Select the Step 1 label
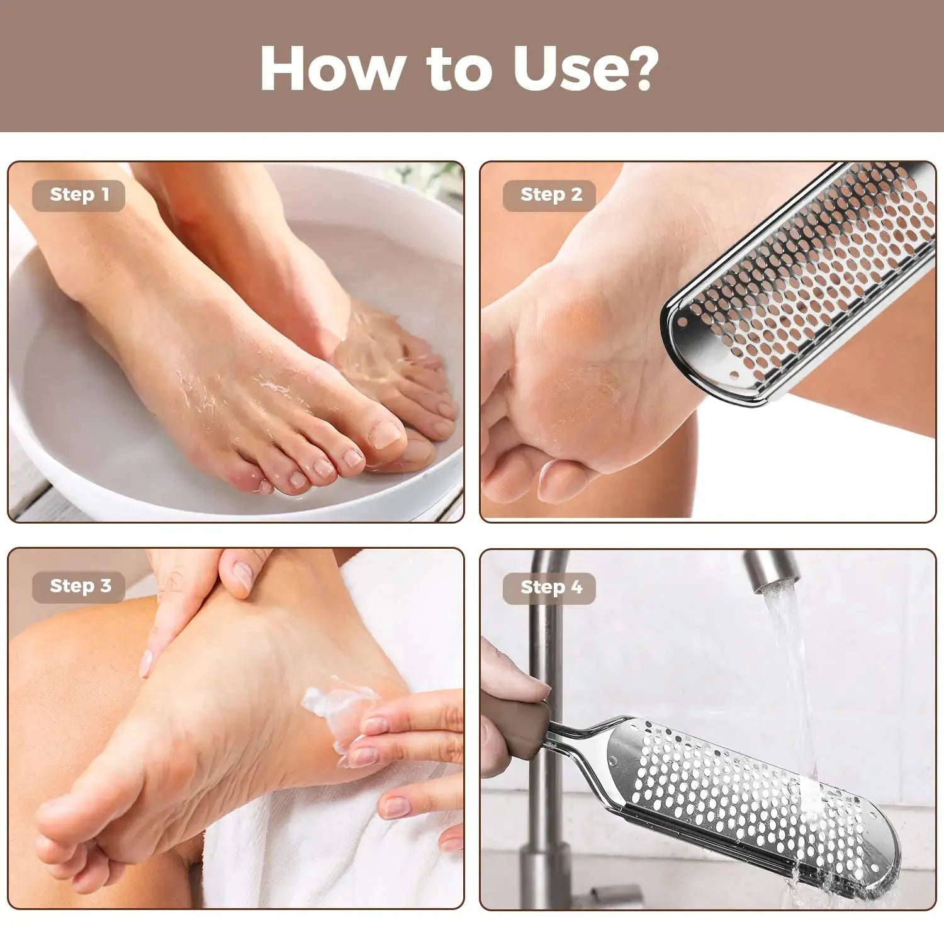tap(79, 195)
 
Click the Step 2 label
tap(551, 195)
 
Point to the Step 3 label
tap(80, 587)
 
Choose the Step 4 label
tap(551, 588)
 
